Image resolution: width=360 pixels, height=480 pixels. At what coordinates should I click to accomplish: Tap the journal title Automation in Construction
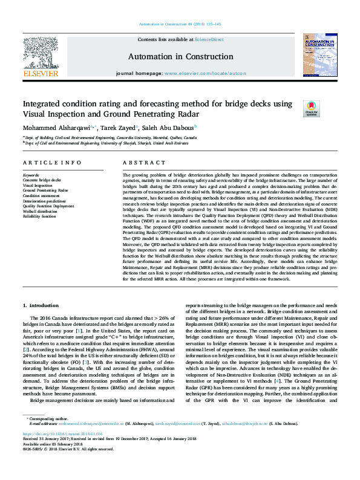pyautogui.click(x=172, y=56)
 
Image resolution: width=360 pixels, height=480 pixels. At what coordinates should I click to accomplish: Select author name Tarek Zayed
pyautogui.click(x=118, y=128)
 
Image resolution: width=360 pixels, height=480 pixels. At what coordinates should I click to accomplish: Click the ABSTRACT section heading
pyautogui.click(x=140, y=163)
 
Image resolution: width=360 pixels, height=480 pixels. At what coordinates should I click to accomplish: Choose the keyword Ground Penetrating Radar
pyautogui.click(x=46, y=190)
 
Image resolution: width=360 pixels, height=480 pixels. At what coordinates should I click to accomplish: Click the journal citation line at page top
pyautogui.click(x=180, y=24)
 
